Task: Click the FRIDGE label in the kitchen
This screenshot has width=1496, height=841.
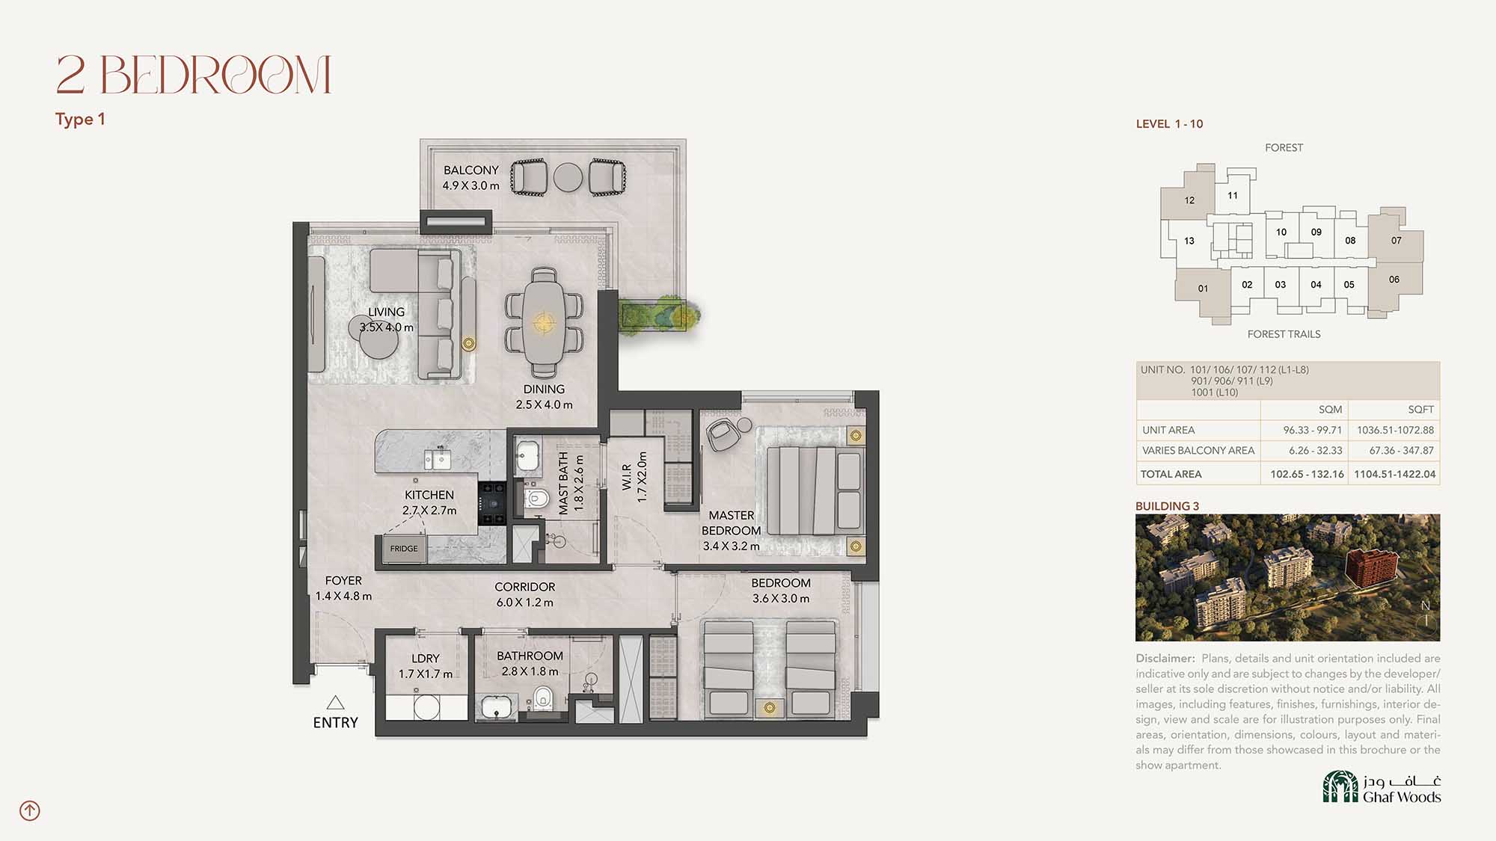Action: point(404,549)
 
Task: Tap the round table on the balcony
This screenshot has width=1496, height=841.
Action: point(568,178)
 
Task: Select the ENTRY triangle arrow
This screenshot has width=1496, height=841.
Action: point(335,703)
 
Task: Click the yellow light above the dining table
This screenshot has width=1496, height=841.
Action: point(544,323)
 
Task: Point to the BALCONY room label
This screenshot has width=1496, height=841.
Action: point(470,170)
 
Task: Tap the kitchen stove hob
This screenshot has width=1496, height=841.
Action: point(492,503)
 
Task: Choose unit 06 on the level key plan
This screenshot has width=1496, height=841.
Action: point(1394,280)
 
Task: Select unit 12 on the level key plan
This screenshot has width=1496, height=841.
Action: point(1189,200)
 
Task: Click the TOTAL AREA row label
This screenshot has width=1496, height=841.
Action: point(1171,474)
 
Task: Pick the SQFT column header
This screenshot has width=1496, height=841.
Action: point(1420,410)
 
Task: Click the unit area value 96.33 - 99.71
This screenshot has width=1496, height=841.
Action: point(1313,430)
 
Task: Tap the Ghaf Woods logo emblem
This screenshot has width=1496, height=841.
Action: point(1340,786)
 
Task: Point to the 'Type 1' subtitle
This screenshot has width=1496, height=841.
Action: point(80,120)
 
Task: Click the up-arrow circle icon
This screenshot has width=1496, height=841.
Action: point(30,810)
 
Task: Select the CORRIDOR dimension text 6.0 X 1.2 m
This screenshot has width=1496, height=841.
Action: point(525,603)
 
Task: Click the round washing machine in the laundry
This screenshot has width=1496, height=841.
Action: point(426,707)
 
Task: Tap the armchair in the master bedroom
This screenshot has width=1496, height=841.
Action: point(722,434)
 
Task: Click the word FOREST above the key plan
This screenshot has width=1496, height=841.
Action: point(1284,148)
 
